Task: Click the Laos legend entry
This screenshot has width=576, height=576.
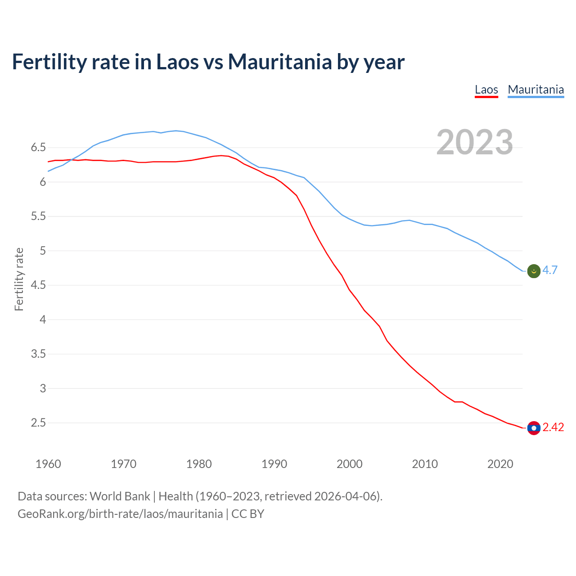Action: coord(486,90)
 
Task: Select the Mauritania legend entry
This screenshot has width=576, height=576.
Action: coord(535,90)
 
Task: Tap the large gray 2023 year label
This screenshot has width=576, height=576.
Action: coord(475,142)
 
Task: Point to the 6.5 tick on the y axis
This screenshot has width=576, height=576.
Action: coord(38,148)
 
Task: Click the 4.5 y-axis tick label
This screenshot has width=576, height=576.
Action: coord(38,285)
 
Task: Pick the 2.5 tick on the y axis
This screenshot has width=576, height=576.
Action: coord(38,423)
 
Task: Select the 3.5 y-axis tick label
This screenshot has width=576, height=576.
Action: coord(38,354)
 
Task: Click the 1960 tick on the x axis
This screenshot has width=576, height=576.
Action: coord(48,464)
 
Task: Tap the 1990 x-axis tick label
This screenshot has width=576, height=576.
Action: coord(274,464)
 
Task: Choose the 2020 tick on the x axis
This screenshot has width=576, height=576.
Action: coord(500,464)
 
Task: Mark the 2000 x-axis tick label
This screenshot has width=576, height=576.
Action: coord(349,464)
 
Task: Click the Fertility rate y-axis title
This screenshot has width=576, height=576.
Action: coord(19,279)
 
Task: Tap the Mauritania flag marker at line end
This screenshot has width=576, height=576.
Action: coord(534,271)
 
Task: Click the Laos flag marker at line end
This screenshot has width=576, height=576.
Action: coord(534,428)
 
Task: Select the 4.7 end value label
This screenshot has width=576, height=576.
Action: coord(550,270)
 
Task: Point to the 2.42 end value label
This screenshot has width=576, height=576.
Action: coord(553,427)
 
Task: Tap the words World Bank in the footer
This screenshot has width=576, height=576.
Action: coord(120,496)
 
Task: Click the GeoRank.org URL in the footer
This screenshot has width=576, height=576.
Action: coord(120,514)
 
